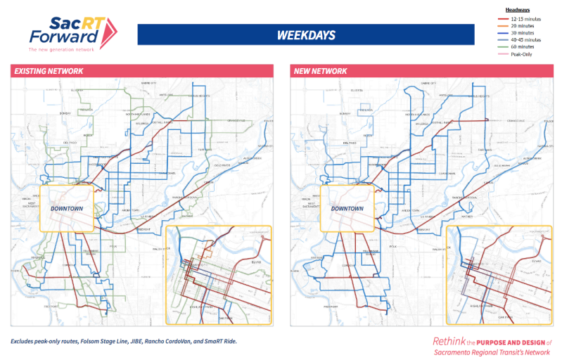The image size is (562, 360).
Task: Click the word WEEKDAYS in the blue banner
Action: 305,34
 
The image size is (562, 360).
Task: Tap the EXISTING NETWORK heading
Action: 49,71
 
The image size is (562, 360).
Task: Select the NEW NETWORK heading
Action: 321,71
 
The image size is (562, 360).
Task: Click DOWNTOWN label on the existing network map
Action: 67,209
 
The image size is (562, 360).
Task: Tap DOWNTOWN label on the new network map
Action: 347,209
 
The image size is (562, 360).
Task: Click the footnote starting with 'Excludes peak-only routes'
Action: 124,341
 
